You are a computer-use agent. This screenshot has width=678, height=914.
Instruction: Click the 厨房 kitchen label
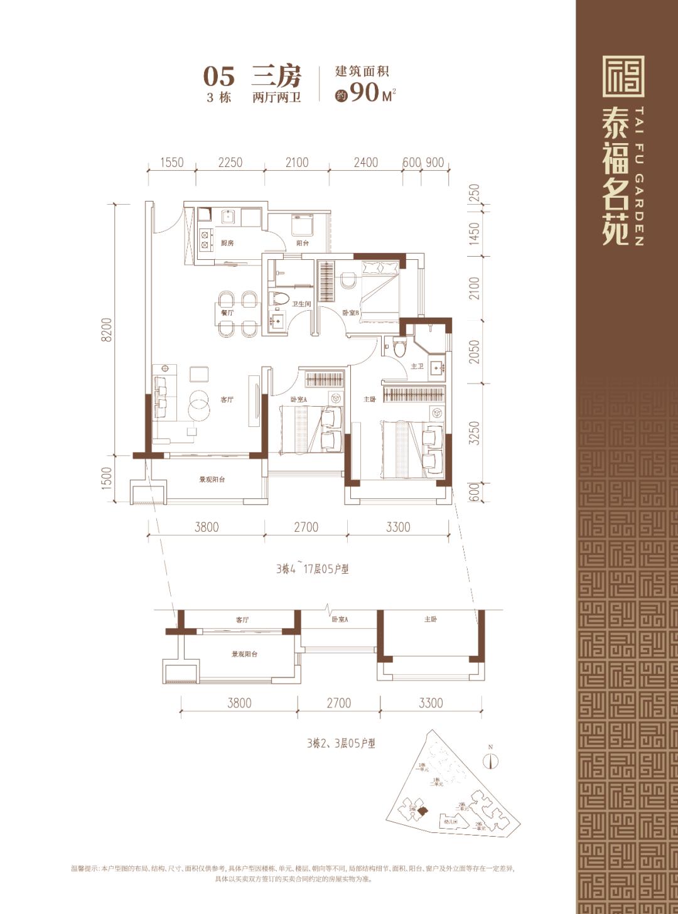pos(227,243)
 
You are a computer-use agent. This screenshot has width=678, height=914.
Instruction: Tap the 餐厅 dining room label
pos(227,312)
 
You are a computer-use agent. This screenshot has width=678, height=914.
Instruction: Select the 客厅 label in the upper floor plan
pos(227,399)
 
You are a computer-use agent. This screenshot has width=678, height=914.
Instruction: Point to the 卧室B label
pos(350,313)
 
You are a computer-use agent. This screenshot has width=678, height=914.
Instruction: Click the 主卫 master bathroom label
pos(417,366)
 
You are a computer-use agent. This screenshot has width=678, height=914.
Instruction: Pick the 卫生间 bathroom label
pos(301,304)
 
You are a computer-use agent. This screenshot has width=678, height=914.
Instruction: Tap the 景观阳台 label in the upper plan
pos(212,480)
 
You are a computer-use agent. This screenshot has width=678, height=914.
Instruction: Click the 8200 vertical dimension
pos(107,329)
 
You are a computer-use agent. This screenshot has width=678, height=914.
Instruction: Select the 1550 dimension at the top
pos(171,163)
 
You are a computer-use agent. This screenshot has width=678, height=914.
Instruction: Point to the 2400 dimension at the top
pos(365,163)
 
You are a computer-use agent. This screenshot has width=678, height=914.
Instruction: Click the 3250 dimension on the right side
pos(475,433)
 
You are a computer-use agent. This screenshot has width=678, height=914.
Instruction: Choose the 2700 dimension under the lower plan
pos(338,703)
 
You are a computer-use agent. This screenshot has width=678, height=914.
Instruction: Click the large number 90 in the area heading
pos(365,92)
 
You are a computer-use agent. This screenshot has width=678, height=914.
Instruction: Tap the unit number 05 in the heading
pos(218,77)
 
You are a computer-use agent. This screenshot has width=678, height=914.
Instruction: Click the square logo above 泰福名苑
pos(623,77)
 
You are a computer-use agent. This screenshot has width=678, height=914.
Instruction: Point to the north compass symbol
pos(491,760)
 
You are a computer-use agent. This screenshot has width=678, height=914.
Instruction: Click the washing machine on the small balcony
pos(302,225)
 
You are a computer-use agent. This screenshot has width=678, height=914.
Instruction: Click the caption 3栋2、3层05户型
pos(341,743)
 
